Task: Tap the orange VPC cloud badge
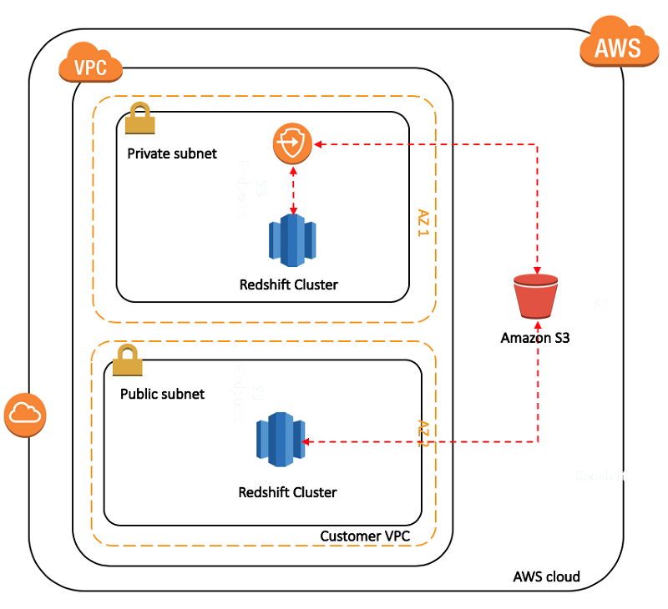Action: click(90, 66)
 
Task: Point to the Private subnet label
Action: click(172, 154)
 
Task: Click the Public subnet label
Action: click(162, 394)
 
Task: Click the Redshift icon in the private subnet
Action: click(291, 239)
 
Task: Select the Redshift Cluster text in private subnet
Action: click(289, 284)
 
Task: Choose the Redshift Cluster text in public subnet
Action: click(287, 492)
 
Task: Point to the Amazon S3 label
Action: click(535, 338)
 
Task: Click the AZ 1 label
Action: click(422, 223)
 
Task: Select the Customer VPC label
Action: click(365, 536)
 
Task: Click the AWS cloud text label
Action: click(546, 576)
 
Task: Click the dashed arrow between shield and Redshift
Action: click(292, 188)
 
